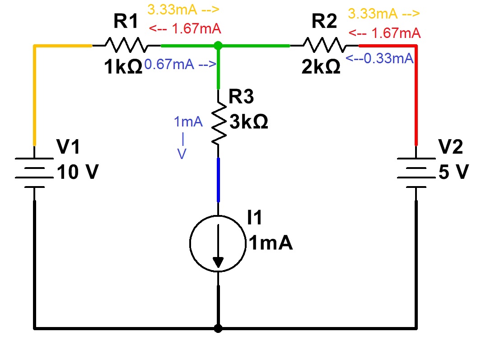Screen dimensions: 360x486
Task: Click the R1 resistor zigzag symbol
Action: pos(126,45)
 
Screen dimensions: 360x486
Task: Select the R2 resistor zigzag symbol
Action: pos(324,45)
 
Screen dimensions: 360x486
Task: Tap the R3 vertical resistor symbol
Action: pos(219,123)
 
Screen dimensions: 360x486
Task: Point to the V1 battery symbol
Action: pos(34,173)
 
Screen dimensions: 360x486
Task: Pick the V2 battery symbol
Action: pos(416,172)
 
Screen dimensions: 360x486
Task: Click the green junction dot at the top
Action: pos(218,46)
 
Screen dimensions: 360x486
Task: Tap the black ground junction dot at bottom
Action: pos(218,328)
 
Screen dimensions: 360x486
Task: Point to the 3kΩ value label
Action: pos(248,122)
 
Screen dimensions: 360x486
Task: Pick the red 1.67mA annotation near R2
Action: pos(384,33)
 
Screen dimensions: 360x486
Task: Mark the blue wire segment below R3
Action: pos(219,179)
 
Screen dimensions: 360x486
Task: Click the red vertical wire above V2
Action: pos(416,95)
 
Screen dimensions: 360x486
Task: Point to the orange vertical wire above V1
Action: pos(34,95)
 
